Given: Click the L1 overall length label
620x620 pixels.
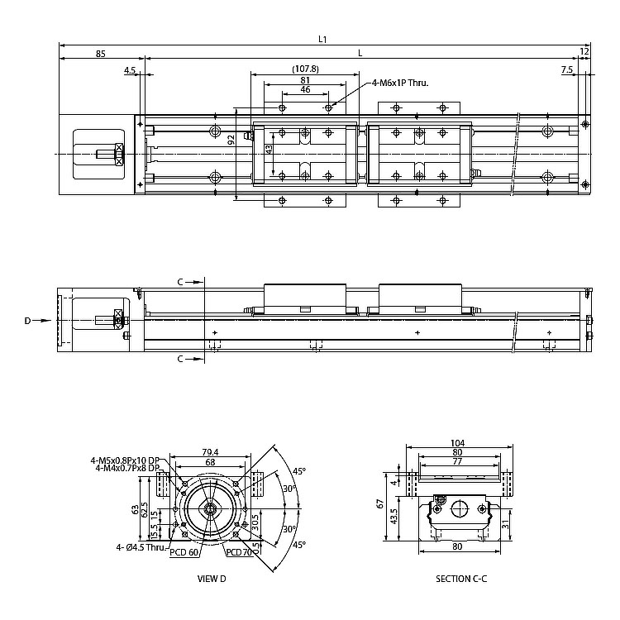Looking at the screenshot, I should pyautogui.click(x=323, y=38).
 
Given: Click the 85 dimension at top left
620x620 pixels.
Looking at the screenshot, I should pyautogui.click(x=101, y=54).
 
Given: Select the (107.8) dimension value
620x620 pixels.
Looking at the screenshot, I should pyautogui.click(x=305, y=69).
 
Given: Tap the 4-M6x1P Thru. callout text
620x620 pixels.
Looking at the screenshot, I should pyautogui.click(x=401, y=83).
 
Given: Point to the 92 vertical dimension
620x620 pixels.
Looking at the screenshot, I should pyautogui.click(x=231, y=141).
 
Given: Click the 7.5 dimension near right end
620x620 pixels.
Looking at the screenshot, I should pyautogui.click(x=566, y=70).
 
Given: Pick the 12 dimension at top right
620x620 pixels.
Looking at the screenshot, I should pyautogui.click(x=584, y=53).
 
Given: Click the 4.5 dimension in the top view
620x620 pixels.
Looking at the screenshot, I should pyautogui.click(x=130, y=71).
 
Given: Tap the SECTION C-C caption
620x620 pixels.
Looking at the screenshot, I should pyautogui.click(x=461, y=579).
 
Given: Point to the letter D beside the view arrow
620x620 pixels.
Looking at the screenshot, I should pyautogui.click(x=27, y=320).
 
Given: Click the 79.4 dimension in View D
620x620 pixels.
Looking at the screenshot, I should pyautogui.click(x=210, y=452).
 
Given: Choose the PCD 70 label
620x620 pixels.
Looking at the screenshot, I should pyautogui.click(x=240, y=552).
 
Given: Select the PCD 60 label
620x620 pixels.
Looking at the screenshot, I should pyautogui.click(x=184, y=552).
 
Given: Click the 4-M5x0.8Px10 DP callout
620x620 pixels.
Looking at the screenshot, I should pyautogui.click(x=125, y=460).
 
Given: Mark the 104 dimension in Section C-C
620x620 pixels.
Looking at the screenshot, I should pyautogui.click(x=459, y=443).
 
